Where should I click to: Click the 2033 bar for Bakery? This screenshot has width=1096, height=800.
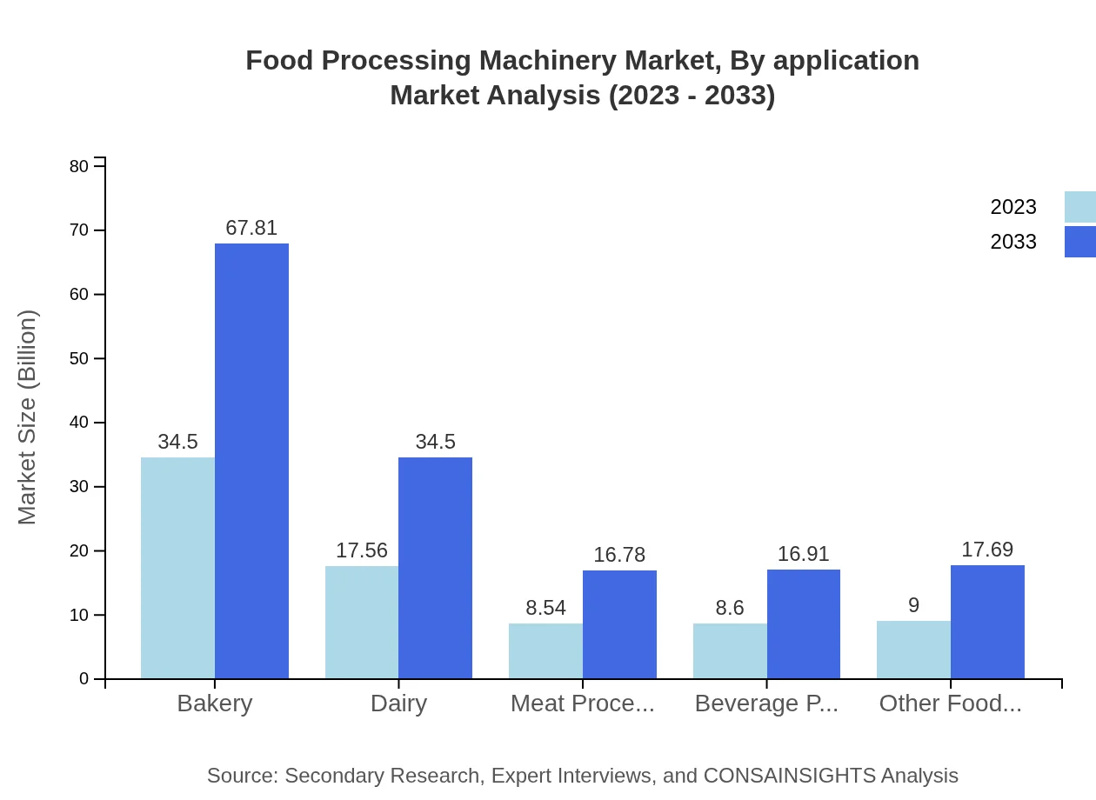tap(251, 461)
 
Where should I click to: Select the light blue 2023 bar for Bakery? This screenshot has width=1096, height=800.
tap(177, 568)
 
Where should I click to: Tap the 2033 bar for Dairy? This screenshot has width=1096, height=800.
tap(435, 568)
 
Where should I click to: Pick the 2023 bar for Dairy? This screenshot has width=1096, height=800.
tap(362, 623)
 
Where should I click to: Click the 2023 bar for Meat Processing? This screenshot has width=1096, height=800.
tap(545, 650)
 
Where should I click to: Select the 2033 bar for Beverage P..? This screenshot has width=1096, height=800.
tap(804, 624)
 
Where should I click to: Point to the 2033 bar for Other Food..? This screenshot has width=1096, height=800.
tap(987, 622)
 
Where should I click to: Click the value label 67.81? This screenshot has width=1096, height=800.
tap(251, 228)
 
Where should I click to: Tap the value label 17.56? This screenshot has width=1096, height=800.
tap(362, 550)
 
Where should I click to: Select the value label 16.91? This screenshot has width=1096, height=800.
tap(804, 554)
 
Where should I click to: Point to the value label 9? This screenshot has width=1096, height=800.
tap(913, 605)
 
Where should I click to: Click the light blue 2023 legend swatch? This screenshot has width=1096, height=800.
tap(1080, 207)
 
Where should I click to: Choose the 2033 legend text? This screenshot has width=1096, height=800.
tap(1013, 242)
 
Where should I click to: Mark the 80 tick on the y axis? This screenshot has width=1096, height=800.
tap(79, 166)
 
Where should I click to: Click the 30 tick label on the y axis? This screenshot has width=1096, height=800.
tap(79, 487)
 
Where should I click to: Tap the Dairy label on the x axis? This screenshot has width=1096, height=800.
tap(398, 703)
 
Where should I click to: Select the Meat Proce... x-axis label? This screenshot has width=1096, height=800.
tap(582, 703)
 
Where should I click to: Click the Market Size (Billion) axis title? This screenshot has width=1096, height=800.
tap(28, 417)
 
